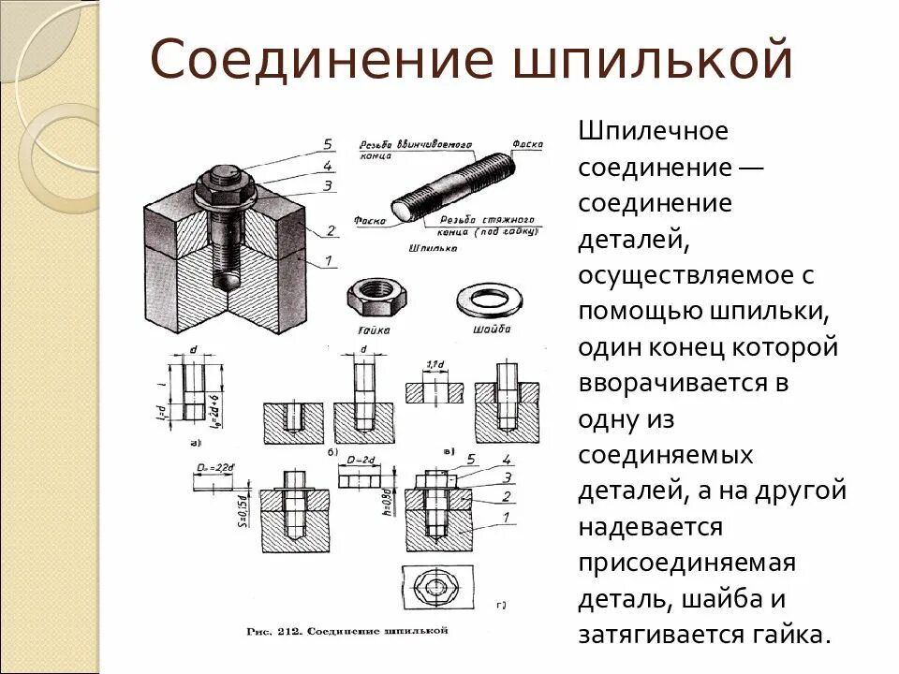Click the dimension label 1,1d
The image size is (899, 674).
[x=434, y=363]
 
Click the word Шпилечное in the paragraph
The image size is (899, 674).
[x=653, y=132]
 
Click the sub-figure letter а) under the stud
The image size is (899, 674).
[x=196, y=441]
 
